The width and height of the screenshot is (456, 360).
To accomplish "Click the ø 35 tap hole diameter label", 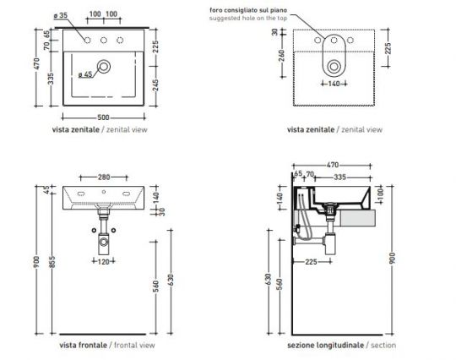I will (58, 15).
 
